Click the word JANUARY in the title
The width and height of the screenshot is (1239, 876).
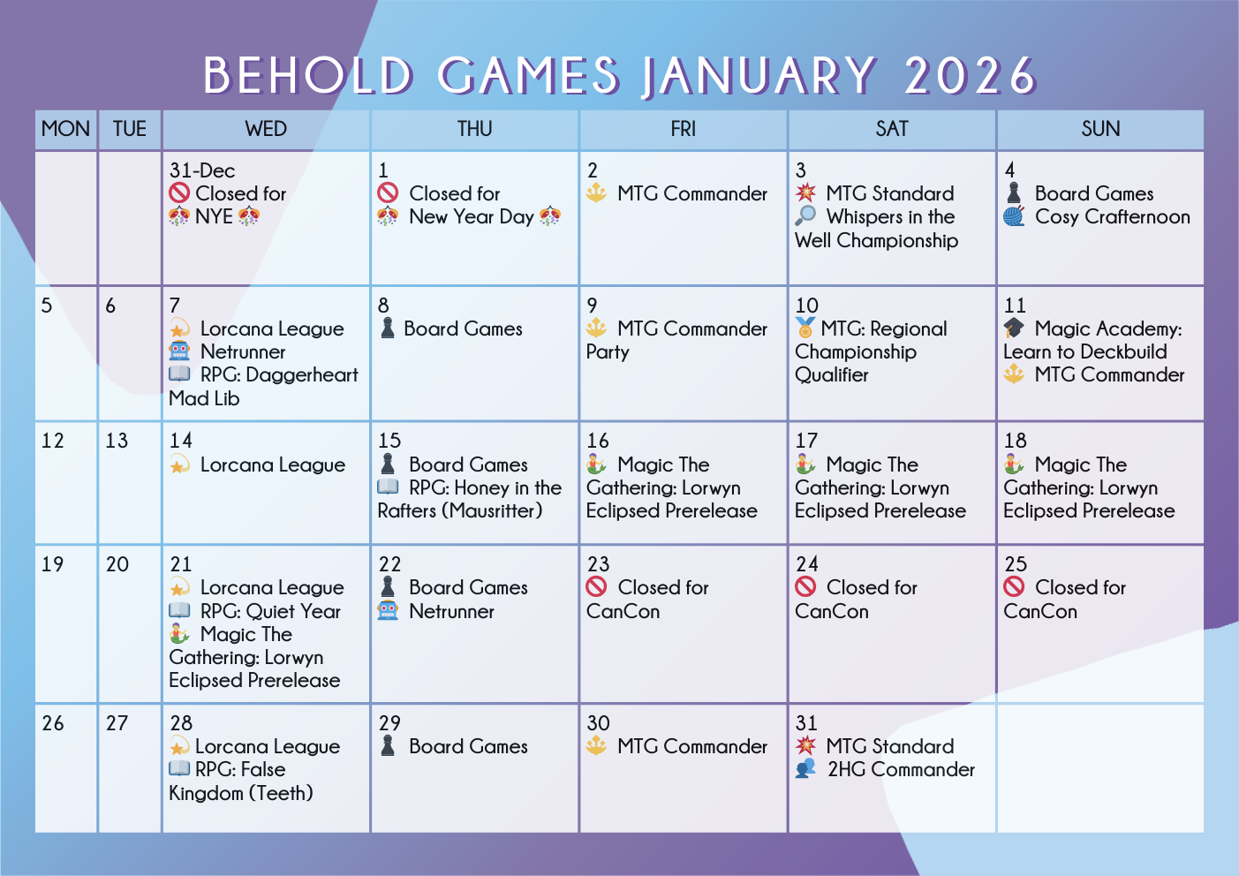pos(759,76)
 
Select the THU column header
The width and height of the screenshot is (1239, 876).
pos(474,129)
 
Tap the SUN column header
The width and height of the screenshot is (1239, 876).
pos(1100,129)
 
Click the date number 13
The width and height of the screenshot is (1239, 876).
pos(117,441)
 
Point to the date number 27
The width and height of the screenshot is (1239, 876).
pos(117,723)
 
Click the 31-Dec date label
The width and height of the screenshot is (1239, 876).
pos(202,170)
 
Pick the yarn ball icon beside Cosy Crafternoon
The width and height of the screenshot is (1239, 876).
pos(1014,216)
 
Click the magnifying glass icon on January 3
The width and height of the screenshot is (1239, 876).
pos(805,215)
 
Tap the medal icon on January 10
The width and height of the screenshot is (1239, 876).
pos(805,328)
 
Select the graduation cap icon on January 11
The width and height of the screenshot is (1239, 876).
pos(1014,328)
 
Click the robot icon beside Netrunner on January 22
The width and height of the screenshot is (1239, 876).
pos(388,610)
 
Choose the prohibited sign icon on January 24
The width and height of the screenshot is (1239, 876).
pos(805,586)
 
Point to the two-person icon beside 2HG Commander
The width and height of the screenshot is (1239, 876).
pos(805,768)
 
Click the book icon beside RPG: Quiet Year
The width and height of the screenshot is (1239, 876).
pos(179,610)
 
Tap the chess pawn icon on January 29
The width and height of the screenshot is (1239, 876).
pos(388,745)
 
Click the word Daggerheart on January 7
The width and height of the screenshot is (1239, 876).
pos(302,375)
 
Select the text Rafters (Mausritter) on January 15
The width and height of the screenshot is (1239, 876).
pos(459,510)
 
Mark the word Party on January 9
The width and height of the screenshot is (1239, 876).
pos(608,352)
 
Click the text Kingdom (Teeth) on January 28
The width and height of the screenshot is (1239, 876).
pos(241,793)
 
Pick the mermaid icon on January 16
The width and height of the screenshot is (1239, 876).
pos(596,464)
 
